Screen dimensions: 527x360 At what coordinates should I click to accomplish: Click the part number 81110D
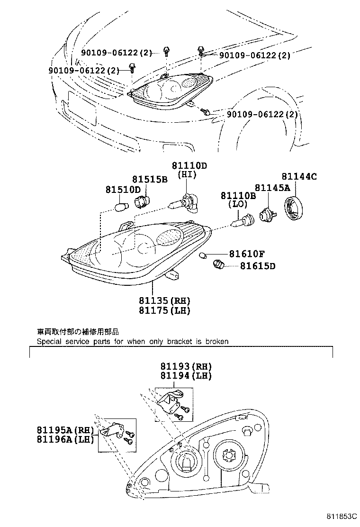pos(189,165)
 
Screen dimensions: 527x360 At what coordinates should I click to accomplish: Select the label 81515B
pos(150,180)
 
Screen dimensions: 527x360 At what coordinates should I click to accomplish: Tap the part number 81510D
pos(123,190)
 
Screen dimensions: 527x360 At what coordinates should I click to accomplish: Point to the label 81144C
pos(299,177)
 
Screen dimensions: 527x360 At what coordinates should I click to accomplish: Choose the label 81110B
pos(238,196)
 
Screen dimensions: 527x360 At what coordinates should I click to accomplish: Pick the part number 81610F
pos(247,254)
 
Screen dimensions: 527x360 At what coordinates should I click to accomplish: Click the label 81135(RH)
pos(164,301)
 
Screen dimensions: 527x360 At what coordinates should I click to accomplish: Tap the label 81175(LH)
pos(164,310)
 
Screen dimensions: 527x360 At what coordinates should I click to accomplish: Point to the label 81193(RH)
pos(185,366)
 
